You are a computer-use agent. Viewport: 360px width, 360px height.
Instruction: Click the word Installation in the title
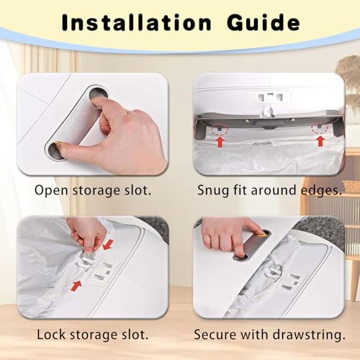click(x=136, y=22)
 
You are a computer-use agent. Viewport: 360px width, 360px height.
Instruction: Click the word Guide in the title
click(x=264, y=22)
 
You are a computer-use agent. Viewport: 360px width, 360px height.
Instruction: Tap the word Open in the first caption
click(x=51, y=191)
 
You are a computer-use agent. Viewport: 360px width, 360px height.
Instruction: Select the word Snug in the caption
click(x=213, y=191)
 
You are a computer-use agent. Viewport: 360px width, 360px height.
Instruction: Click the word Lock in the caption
click(x=51, y=334)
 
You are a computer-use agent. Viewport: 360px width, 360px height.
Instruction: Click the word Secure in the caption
click(x=215, y=335)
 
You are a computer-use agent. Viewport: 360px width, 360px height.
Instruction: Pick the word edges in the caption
click(x=321, y=191)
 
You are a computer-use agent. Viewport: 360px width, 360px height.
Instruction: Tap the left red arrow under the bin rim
click(x=220, y=142)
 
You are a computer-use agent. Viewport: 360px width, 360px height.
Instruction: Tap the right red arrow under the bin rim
click(x=320, y=141)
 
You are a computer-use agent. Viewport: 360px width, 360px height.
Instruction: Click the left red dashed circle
click(x=220, y=130)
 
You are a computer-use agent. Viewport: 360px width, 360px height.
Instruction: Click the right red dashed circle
click(x=320, y=128)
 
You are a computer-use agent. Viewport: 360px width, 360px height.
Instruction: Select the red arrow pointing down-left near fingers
click(x=108, y=245)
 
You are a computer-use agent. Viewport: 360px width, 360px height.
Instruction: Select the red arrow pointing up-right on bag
click(x=76, y=286)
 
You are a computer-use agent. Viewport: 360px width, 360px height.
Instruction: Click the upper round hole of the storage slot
click(x=99, y=94)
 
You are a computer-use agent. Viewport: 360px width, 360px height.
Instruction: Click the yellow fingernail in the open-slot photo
click(x=57, y=143)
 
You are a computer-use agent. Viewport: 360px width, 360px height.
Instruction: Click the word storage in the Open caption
click(x=99, y=192)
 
